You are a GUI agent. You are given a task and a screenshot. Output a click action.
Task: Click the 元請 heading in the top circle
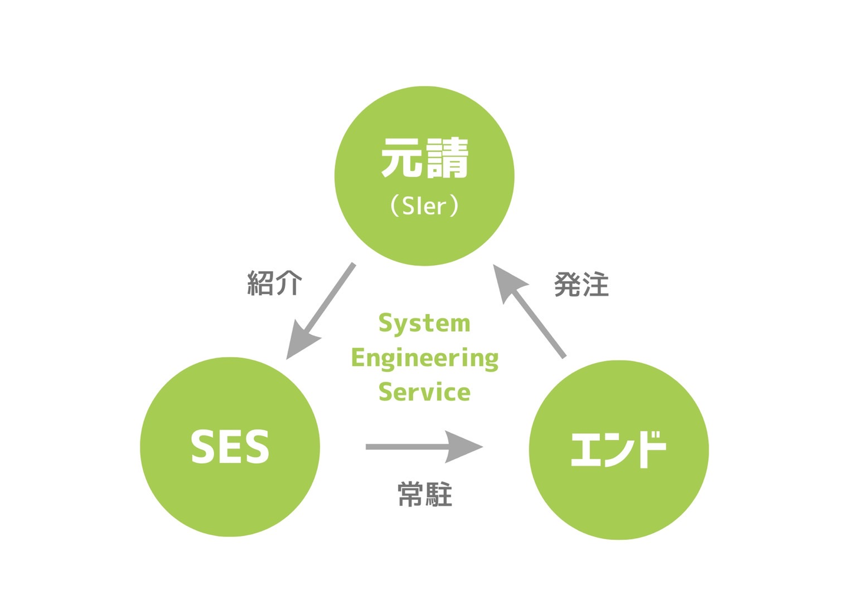(x=424, y=158)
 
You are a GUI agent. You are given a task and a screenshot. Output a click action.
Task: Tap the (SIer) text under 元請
(x=424, y=206)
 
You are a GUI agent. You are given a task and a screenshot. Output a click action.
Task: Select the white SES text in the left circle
(x=230, y=447)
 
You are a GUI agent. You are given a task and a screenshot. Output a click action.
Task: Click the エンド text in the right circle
(x=618, y=449)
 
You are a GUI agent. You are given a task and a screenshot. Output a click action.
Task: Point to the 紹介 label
(x=275, y=283)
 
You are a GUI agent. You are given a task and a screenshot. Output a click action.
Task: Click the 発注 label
(x=581, y=285)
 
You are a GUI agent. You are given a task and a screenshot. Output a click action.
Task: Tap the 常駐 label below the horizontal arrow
(x=424, y=494)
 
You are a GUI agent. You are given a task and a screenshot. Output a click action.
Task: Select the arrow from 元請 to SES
(x=324, y=306)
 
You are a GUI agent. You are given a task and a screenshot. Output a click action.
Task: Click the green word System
(x=424, y=324)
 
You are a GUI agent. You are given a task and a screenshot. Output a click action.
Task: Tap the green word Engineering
(x=424, y=358)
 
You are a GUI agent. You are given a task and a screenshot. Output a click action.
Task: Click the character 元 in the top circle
(x=402, y=158)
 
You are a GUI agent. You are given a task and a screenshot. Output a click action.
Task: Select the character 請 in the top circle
(x=447, y=158)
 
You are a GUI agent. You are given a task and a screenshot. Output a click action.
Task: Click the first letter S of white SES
(x=202, y=447)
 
